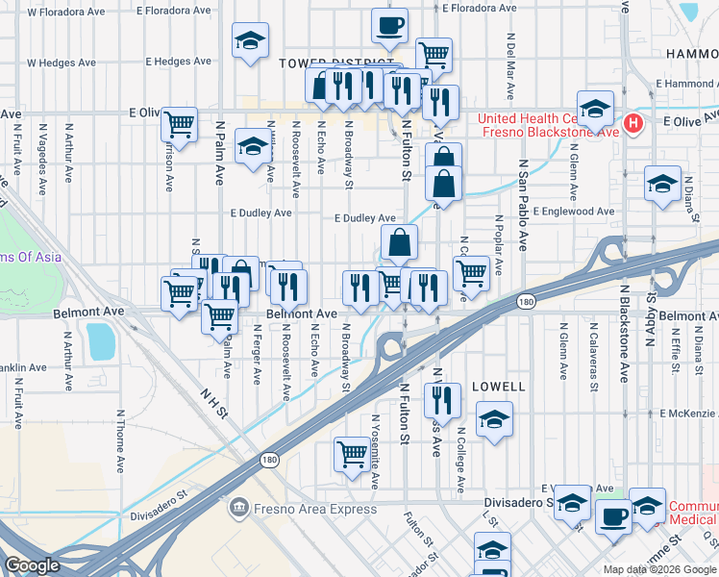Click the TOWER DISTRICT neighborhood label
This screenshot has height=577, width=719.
point(316,63)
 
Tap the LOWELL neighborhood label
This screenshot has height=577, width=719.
point(499,387)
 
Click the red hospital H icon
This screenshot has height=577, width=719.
point(632,123)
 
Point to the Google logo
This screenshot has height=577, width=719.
point(32,565)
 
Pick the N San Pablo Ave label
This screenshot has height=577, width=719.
point(524,205)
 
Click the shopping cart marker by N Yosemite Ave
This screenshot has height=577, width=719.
point(352,453)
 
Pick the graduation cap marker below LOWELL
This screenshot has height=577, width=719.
point(494,419)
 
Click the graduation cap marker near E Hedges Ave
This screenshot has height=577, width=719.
point(250,40)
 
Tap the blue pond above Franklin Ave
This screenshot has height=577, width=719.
point(99,340)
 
